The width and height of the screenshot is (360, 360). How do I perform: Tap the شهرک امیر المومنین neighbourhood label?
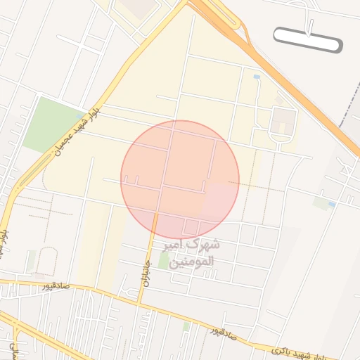[x=192, y=255]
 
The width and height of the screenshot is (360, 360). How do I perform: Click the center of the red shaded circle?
[x=180, y=180]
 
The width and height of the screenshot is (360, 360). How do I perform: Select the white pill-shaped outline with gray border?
[x=308, y=40]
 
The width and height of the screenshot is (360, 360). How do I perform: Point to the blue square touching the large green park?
[x=79, y=116]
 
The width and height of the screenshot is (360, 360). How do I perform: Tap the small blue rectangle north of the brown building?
[x=257, y=76]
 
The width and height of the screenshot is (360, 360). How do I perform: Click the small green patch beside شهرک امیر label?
[x=164, y=261]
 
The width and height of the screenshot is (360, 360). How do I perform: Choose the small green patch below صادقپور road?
[x=186, y=326]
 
